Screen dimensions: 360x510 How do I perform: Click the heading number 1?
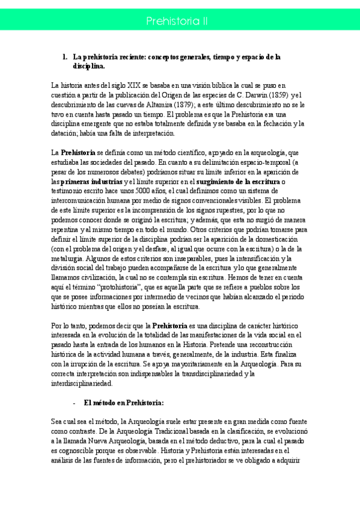(65, 57)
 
